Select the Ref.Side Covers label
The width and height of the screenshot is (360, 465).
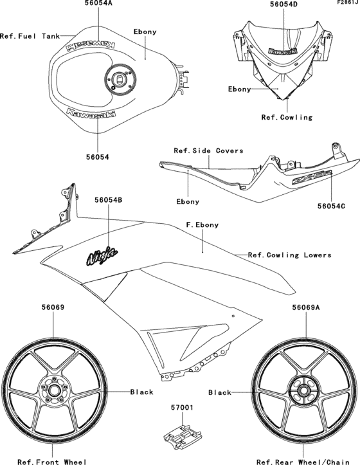(x=208, y=150)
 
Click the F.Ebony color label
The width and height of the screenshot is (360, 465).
(x=202, y=225)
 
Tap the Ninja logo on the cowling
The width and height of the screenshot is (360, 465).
(x=102, y=257)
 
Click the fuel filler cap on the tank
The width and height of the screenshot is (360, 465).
(x=120, y=80)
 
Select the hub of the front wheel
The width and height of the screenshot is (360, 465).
(x=53, y=390)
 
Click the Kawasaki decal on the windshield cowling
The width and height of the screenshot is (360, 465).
(x=283, y=50)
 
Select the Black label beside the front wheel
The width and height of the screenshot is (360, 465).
(x=141, y=392)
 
